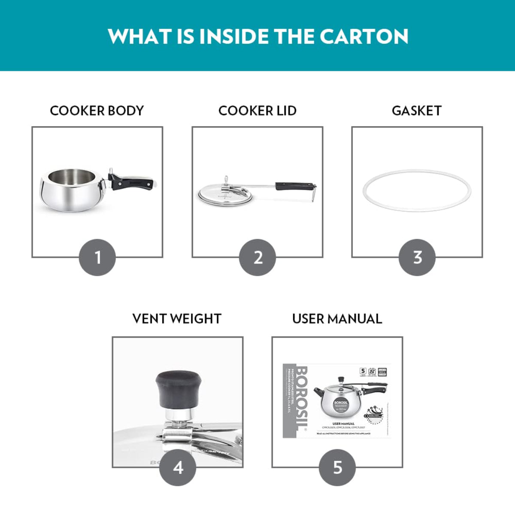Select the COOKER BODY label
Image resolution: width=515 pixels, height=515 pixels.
pos(97,111)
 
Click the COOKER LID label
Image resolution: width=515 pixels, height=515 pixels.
pos(257,111)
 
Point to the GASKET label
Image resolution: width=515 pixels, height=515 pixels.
pos(417,111)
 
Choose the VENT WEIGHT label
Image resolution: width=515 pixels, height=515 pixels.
pos(177,319)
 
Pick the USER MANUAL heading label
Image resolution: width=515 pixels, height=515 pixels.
pos(337,319)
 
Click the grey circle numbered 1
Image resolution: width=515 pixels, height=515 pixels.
pos(97,257)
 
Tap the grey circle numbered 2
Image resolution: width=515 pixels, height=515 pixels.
pos(257,257)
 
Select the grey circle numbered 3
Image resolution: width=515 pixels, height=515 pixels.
pos(417,257)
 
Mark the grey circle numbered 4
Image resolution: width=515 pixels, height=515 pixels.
pos(178,467)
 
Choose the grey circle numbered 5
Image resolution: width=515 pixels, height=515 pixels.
pos(337,467)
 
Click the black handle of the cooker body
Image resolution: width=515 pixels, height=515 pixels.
pos(133,182)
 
